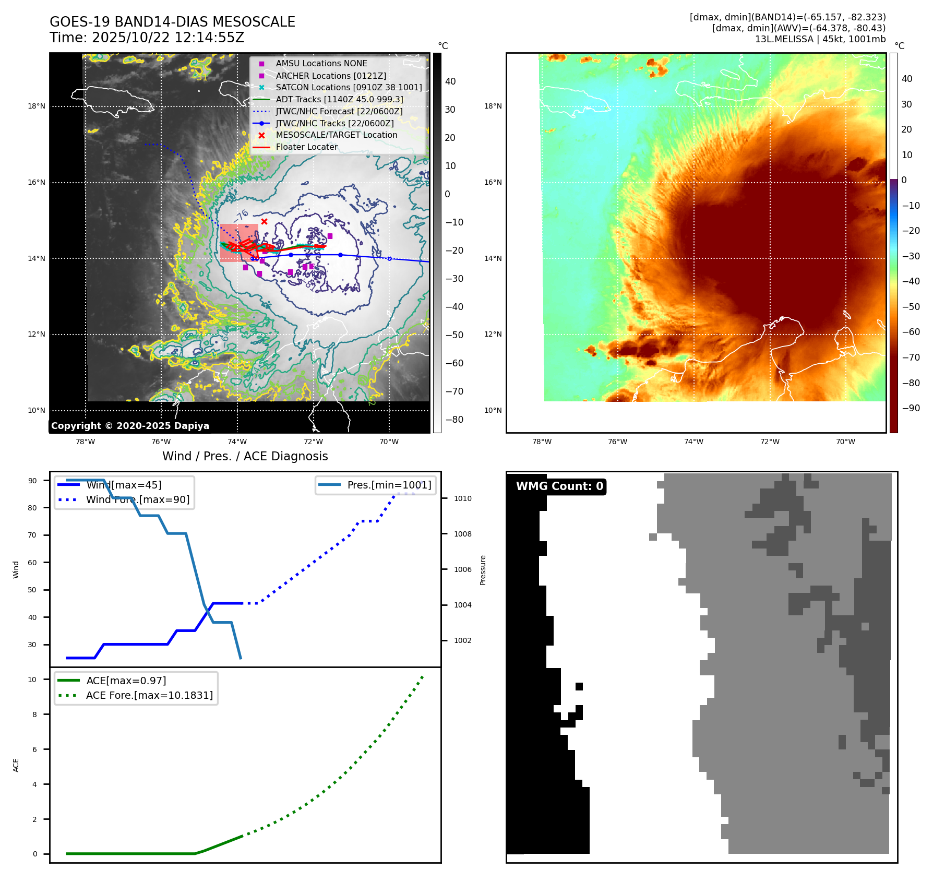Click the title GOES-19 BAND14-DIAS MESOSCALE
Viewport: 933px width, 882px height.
172,22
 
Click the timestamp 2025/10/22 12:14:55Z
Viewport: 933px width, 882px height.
168,38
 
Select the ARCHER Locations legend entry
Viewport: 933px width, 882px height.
331,76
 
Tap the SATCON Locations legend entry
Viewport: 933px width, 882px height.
349,88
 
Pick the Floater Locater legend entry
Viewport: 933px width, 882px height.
306,147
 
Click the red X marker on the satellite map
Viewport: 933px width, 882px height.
264,222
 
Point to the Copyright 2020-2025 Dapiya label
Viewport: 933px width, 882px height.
130,426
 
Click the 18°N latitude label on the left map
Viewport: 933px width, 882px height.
37,106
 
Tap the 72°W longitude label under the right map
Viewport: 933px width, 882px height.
769,442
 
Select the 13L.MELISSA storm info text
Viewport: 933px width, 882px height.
820,39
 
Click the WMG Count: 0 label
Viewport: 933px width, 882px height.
559,486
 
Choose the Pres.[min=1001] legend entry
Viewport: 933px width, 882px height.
389,485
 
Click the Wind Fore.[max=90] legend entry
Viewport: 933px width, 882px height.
138,499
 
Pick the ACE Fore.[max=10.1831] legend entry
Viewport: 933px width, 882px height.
149,695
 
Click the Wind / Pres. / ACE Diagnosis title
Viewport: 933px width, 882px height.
245,456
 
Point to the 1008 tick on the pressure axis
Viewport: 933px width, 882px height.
462,534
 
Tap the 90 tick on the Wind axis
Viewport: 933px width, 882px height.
32,481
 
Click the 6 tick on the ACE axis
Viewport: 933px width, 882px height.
34,749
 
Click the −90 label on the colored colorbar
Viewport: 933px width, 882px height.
911,408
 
